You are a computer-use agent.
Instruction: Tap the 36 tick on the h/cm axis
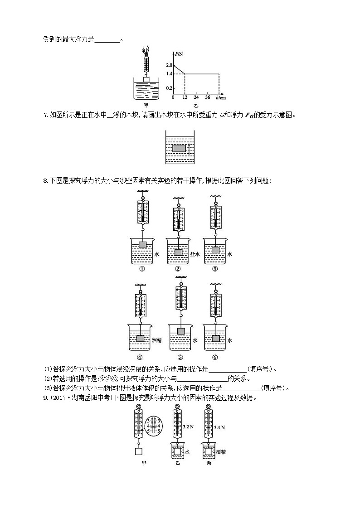(207, 97)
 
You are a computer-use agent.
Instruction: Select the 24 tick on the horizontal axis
(196, 97)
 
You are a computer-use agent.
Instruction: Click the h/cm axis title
(221, 97)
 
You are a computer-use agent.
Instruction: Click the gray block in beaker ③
(216, 250)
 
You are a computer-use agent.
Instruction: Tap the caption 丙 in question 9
(208, 463)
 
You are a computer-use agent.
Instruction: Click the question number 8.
(44, 181)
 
